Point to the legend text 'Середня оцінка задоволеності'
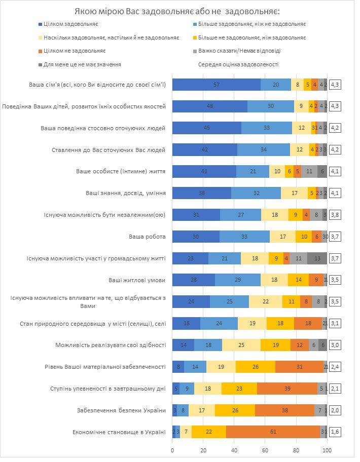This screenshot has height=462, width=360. point(238,64)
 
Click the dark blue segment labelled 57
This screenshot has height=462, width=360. point(217,85)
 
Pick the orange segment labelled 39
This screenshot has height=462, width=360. point(287,389)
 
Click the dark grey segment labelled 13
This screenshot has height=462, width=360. point(317,258)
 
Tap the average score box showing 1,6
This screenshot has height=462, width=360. point(335,432)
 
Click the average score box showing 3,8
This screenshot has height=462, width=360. point(335,215)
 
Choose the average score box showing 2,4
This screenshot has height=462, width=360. point(335,367)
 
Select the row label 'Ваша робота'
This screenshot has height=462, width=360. point(148,237)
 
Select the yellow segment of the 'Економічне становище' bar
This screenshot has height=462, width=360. point(209,432)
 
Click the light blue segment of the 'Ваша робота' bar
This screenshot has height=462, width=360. point(244,237)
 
